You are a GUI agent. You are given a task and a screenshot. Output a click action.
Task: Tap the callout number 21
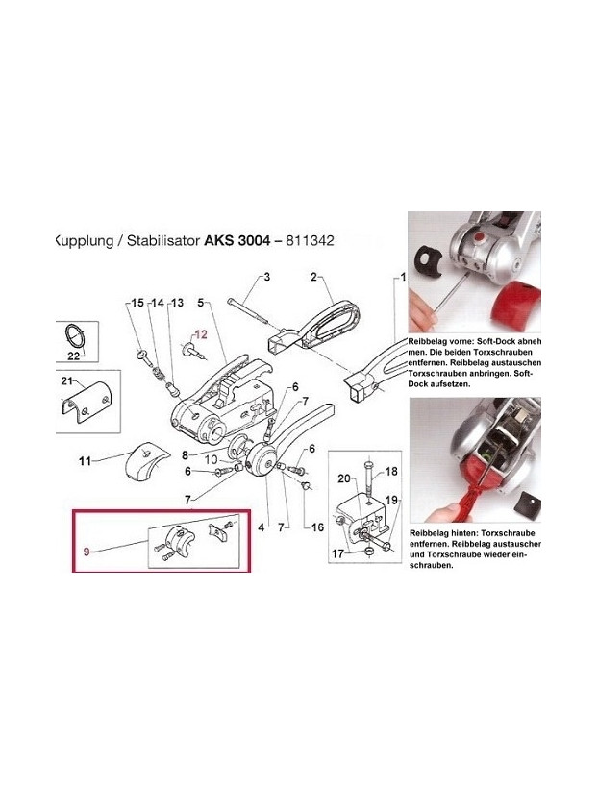[67, 383]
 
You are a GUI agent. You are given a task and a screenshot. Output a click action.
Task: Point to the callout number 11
[85, 461]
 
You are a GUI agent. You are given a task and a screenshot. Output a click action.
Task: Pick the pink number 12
[200, 335]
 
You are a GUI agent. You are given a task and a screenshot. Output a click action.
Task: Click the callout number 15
[137, 304]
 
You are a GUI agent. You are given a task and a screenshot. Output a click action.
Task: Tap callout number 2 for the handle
[313, 278]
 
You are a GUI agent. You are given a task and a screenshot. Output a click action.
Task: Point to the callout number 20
[342, 478]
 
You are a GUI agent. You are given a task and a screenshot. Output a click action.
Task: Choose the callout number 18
[391, 472]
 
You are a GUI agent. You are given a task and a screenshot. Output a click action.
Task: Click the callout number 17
[338, 553]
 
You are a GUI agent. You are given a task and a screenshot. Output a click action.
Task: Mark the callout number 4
[262, 527]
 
